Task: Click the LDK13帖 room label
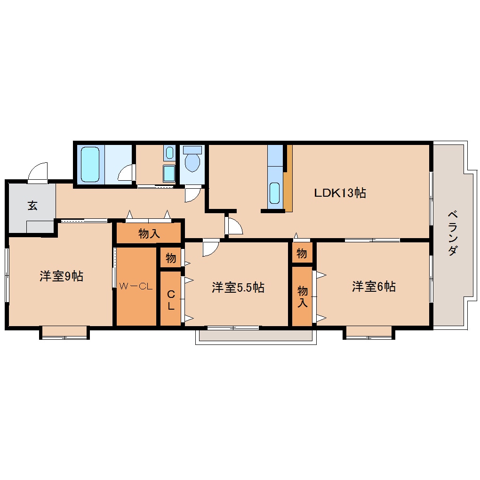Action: click(340, 193)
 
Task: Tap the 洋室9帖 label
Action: click(61, 276)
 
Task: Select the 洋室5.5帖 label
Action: click(238, 288)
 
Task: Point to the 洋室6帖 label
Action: click(374, 287)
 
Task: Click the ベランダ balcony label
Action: click(453, 232)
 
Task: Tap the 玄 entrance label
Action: click(33, 205)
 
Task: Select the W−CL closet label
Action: click(136, 286)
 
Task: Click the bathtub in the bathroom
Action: click(90, 164)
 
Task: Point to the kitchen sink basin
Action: click(275, 193)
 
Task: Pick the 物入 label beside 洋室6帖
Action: click(303, 296)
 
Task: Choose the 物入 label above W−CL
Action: click(149, 233)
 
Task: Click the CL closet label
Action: click(171, 300)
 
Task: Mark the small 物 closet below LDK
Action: click(302, 253)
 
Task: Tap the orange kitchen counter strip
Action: click(288, 178)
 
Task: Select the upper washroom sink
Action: click(169, 152)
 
